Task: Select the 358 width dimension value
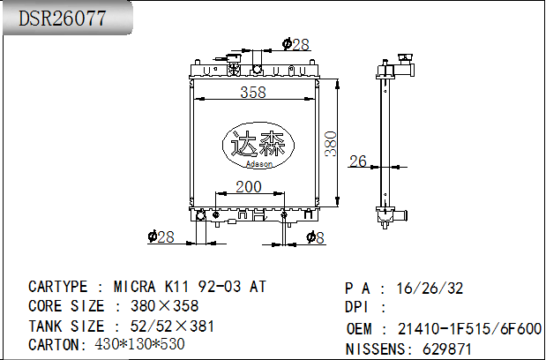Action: click(x=253, y=93)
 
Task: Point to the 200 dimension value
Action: click(x=249, y=186)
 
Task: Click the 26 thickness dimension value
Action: click(x=358, y=161)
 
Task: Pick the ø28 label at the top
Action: click(x=295, y=44)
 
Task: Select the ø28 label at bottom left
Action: click(x=161, y=236)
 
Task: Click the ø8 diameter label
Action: click(x=315, y=236)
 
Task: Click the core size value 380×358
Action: click(x=164, y=306)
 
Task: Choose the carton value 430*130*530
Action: click(x=138, y=344)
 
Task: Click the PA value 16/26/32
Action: click(x=430, y=289)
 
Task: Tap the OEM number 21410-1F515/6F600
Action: click(x=469, y=328)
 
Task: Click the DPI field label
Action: click(x=358, y=307)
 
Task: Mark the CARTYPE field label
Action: click(x=58, y=287)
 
